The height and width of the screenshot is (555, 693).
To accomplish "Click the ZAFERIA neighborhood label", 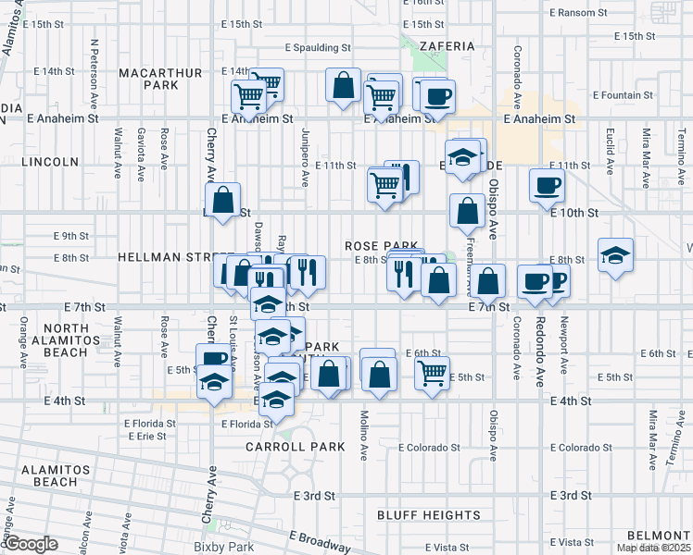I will click(446, 45).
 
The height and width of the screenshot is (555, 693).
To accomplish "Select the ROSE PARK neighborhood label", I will click(376, 246).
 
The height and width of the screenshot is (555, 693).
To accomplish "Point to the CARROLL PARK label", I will click(295, 446).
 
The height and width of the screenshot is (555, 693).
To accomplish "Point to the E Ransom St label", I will click(577, 13).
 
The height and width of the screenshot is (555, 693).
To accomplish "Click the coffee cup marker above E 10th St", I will click(547, 184).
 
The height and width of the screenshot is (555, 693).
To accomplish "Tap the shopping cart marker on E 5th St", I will click(432, 373).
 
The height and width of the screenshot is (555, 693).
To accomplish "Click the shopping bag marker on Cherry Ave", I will click(223, 200).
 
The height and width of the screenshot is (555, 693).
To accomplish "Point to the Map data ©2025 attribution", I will click(653, 548).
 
